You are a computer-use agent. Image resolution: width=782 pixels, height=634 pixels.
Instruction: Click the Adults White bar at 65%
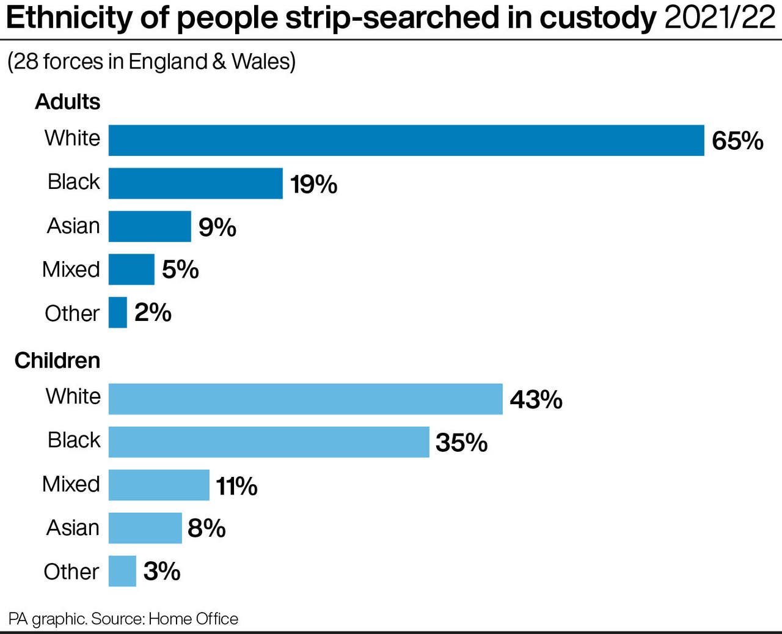(x=406, y=141)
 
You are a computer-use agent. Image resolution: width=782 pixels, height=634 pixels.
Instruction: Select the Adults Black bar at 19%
(x=195, y=183)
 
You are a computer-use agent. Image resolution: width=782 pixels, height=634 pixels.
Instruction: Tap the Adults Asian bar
(x=150, y=226)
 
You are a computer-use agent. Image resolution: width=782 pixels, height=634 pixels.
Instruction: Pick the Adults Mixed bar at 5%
(x=131, y=270)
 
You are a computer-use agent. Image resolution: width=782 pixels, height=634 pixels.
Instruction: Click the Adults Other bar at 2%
(x=118, y=312)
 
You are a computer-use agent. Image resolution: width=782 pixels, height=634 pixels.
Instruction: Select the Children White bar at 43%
(x=305, y=399)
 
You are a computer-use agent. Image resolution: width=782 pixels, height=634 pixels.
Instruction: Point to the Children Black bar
(x=269, y=442)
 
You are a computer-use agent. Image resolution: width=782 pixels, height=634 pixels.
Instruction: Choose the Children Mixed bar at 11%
(x=159, y=485)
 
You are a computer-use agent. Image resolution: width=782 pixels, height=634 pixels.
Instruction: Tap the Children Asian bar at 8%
(x=145, y=528)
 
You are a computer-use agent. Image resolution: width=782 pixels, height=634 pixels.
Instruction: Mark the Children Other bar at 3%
(x=122, y=571)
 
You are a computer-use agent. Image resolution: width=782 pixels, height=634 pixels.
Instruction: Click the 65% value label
(x=737, y=141)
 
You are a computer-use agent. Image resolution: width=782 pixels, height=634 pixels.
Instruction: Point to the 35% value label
(x=461, y=443)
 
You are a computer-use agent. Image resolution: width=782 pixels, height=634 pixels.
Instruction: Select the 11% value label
(x=236, y=486)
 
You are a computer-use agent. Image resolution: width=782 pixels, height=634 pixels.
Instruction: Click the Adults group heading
(x=67, y=101)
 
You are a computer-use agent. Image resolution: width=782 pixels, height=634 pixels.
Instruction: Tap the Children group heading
(x=57, y=360)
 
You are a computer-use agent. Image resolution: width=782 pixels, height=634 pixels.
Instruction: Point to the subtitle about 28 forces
(x=152, y=62)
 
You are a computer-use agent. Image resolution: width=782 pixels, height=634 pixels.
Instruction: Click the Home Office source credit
(x=193, y=619)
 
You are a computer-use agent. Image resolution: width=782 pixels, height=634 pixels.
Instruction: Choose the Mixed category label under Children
(x=71, y=484)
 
